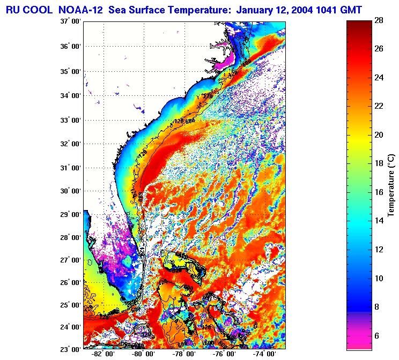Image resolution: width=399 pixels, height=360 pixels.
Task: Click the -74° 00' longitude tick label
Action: pos(264,355)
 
